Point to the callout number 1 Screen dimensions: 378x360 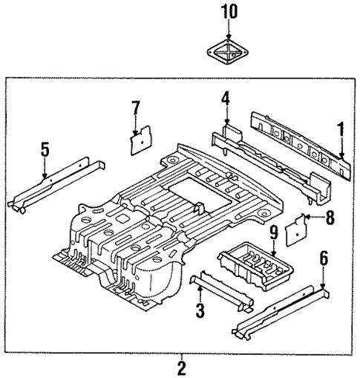341,131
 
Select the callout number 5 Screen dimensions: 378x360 45,151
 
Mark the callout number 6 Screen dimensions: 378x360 323,259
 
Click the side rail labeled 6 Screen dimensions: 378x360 282,313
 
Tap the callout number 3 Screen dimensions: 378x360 200,310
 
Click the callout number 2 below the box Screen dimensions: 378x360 180,366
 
